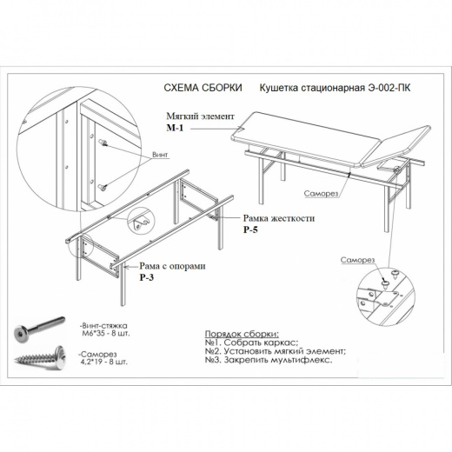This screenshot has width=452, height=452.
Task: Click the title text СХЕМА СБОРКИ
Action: [203, 88]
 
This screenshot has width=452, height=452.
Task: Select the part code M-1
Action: [175, 128]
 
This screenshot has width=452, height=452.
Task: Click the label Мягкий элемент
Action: [200, 116]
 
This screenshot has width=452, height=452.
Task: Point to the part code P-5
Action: [250, 229]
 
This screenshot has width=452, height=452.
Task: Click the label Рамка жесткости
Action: [279, 218]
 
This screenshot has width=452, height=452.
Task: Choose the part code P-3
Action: [147, 277]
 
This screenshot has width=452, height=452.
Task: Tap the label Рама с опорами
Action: [173, 266]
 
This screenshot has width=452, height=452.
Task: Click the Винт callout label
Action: [160, 155]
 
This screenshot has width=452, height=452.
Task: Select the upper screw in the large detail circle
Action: [103, 143]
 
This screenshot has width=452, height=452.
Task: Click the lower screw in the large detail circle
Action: [103, 187]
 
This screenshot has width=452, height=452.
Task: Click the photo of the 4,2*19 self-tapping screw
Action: [40, 358]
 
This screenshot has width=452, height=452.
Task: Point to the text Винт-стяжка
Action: [104, 326]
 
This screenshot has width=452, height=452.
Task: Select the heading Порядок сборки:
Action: [242, 334]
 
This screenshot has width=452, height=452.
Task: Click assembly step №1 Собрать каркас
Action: [251, 342]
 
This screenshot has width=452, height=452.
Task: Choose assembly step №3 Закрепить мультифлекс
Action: [269, 360]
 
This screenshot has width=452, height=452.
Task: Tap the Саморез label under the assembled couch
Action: [321, 193]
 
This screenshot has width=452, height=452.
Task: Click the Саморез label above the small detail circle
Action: [357, 260]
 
